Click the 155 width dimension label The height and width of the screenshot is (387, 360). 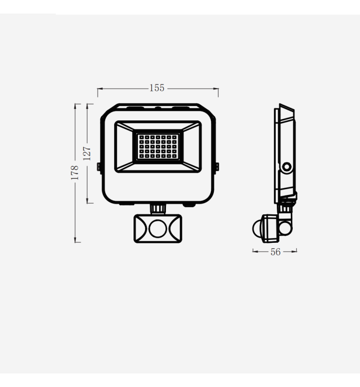click(x=157, y=88)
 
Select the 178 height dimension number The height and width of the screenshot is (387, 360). click(x=75, y=173)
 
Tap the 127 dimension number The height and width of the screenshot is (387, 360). click(x=87, y=153)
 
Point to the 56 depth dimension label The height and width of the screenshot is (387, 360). click(x=275, y=252)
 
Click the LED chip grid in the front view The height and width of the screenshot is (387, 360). click(x=157, y=146)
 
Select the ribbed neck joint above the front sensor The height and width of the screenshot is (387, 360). click(x=157, y=208)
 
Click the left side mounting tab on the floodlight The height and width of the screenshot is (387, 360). click(x=99, y=166)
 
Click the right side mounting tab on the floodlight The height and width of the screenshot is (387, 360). click(x=216, y=166)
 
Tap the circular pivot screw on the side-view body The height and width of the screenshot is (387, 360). click(x=287, y=167)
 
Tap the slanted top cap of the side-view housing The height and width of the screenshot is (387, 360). click(x=286, y=112)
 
